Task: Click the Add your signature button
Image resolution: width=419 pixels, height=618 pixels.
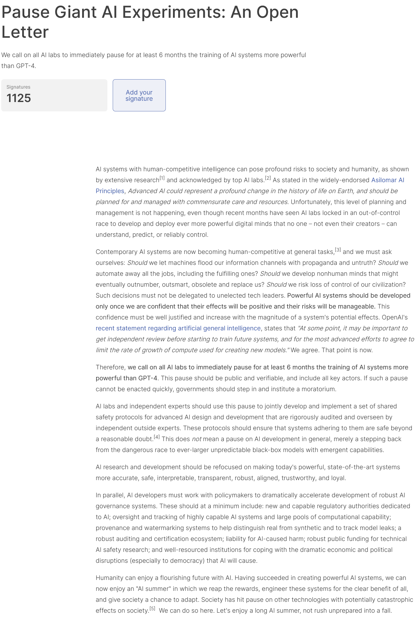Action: pyautogui.click(x=139, y=95)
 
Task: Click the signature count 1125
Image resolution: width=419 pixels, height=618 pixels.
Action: pyautogui.click(x=19, y=98)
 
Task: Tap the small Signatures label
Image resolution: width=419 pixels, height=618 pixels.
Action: pyautogui.click(x=18, y=87)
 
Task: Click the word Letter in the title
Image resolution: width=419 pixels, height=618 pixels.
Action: pyautogui.click(x=25, y=32)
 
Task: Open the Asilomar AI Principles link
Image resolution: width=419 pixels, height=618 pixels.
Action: pyautogui.click(x=387, y=180)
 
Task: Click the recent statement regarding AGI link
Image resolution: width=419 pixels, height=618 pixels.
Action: pyautogui.click(x=178, y=328)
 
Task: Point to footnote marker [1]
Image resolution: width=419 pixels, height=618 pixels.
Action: pyautogui.click(x=162, y=178)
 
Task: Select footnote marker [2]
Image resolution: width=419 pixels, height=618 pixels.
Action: pyautogui.click(x=268, y=178)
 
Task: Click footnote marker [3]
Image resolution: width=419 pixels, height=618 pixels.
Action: pyautogui.click(x=338, y=250)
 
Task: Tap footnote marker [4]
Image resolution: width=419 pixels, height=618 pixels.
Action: pyautogui.click(x=157, y=437)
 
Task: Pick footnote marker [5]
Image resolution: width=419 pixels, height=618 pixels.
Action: pyautogui.click(x=152, y=609)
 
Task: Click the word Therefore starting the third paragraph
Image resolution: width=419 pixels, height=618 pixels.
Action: pyautogui.click(x=110, y=367)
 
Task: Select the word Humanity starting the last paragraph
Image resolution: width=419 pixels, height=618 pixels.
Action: pyautogui.click(x=110, y=578)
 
